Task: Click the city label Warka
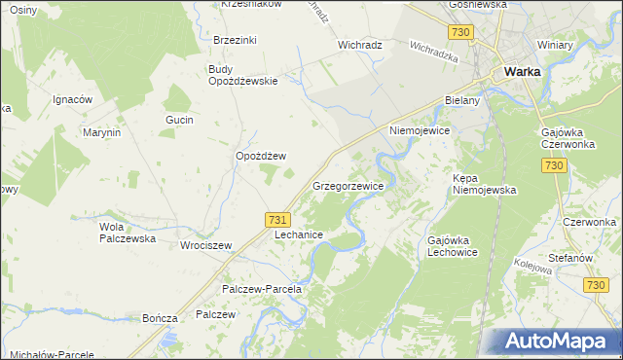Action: coord(522,71)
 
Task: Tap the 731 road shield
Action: coord(276,222)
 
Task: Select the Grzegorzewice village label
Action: coord(348,185)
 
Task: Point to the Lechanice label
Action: coord(299,235)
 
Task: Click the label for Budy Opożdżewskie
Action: coord(243,75)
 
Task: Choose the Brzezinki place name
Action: coord(235,40)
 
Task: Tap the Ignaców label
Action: coord(72,99)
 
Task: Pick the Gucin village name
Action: coord(180,120)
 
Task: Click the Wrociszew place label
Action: coord(205,245)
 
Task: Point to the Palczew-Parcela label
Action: coord(263,289)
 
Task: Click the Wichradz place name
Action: coord(359,45)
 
